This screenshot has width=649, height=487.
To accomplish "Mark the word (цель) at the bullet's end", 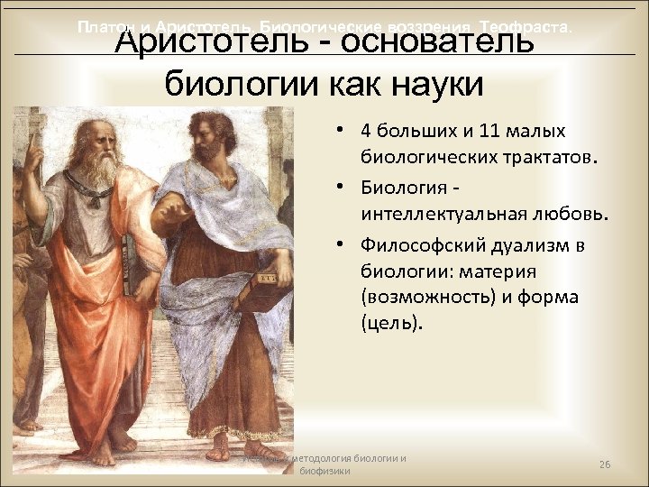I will [x=390, y=321].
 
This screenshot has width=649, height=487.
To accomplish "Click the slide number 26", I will [x=605, y=464].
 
